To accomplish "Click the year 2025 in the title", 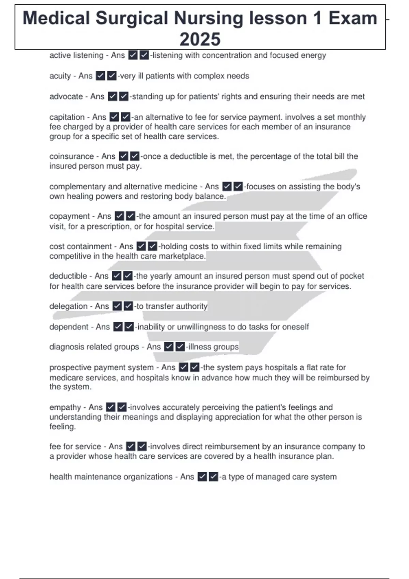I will pos(200,39).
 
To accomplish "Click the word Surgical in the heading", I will pos(132,18).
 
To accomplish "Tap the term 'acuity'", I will pos(60,76).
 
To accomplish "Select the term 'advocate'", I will pos(66,96).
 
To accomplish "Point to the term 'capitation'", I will pos(67,117).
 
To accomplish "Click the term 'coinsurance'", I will pos(72,156).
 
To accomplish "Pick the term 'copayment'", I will pos(70,216).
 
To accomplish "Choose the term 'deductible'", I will pos(68,276).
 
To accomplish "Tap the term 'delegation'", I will pos(68,306).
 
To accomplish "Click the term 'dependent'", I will pos(69,327).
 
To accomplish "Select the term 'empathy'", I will pos(65,407).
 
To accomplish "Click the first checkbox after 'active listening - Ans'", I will pos(133,55).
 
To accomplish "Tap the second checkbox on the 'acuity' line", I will pos(112,76).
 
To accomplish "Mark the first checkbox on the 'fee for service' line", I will pos(131,446).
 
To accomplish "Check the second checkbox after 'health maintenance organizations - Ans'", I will pos(214,476).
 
